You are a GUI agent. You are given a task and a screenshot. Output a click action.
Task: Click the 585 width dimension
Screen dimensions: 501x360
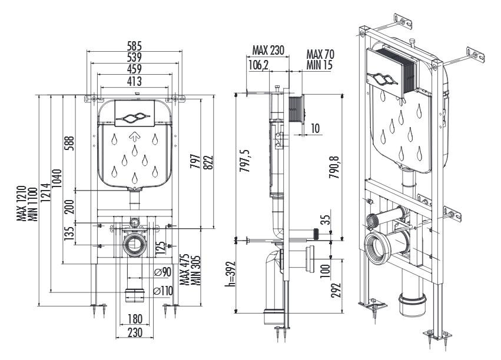click(134, 46)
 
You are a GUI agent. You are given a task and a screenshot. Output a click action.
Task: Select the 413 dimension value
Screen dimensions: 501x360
click(134, 81)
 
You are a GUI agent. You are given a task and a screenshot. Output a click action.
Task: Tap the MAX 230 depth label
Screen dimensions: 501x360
click(268, 50)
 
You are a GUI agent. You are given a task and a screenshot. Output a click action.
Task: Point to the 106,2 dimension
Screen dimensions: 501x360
click(258, 65)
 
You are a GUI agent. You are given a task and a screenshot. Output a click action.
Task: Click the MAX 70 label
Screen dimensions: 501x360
click(320, 54)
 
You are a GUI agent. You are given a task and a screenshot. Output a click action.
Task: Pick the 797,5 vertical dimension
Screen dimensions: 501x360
click(245, 161)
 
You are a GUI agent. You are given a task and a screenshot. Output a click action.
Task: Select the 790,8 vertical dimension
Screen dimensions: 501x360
click(334, 166)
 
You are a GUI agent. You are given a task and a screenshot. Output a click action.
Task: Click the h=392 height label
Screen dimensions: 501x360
click(230, 274)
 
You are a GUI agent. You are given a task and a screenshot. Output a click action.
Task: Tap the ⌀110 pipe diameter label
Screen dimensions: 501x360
click(163, 291)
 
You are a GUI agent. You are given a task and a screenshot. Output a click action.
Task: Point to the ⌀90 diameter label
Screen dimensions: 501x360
click(162, 272)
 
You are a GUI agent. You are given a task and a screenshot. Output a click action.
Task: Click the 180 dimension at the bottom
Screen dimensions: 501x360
click(134, 318)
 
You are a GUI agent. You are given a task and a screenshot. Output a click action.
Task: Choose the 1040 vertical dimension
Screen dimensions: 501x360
click(57, 178)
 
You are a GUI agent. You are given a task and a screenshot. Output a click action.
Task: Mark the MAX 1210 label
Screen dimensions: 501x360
click(21, 204)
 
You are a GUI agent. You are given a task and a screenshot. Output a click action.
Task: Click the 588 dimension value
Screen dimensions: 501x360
click(69, 144)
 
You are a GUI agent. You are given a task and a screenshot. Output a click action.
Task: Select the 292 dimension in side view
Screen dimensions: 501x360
click(336, 291)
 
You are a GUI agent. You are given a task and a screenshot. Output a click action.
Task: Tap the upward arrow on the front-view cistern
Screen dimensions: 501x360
click(135, 136)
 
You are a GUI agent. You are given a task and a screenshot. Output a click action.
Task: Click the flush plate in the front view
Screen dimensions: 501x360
click(134, 114)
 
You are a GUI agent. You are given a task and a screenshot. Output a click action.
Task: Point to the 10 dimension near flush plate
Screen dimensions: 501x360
click(315, 129)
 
